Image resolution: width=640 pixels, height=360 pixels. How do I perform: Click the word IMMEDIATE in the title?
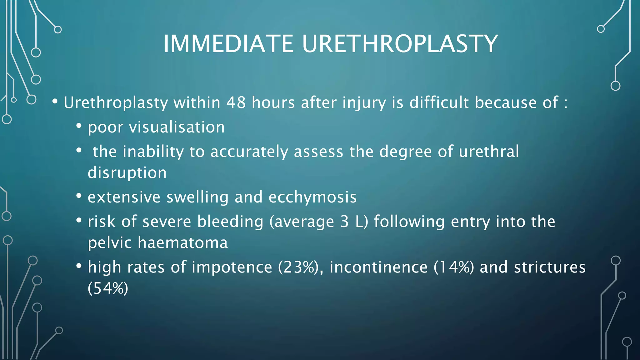click(x=228, y=43)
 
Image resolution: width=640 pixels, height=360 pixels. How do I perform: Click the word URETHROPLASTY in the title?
click(x=400, y=43)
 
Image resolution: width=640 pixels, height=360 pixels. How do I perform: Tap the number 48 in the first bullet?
click(x=236, y=103)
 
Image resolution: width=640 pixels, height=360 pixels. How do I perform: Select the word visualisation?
click(x=177, y=127)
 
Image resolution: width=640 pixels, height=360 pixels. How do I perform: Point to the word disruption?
click(x=127, y=173)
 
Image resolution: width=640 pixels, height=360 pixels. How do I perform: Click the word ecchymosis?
click(x=312, y=197)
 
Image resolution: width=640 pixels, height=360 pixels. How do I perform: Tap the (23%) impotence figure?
click(x=298, y=267)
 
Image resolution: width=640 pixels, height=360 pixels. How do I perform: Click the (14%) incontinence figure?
click(x=453, y=267)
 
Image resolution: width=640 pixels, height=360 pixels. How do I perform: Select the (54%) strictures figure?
click(x=108, y=288)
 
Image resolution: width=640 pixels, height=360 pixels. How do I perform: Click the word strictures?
click(x=550, y=267)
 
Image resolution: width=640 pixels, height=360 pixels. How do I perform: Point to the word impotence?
click(x=232, y=267)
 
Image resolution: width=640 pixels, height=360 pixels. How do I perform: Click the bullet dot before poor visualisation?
click(x=79, y=126)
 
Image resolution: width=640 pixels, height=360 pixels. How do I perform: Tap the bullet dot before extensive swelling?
click(x=79, y=196)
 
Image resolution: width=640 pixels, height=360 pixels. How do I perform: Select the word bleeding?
click(x=230, y=222)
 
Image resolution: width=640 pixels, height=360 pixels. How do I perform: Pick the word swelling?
click(x=197, y=197)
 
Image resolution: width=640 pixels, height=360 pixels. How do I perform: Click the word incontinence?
click(x=378, y=267)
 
